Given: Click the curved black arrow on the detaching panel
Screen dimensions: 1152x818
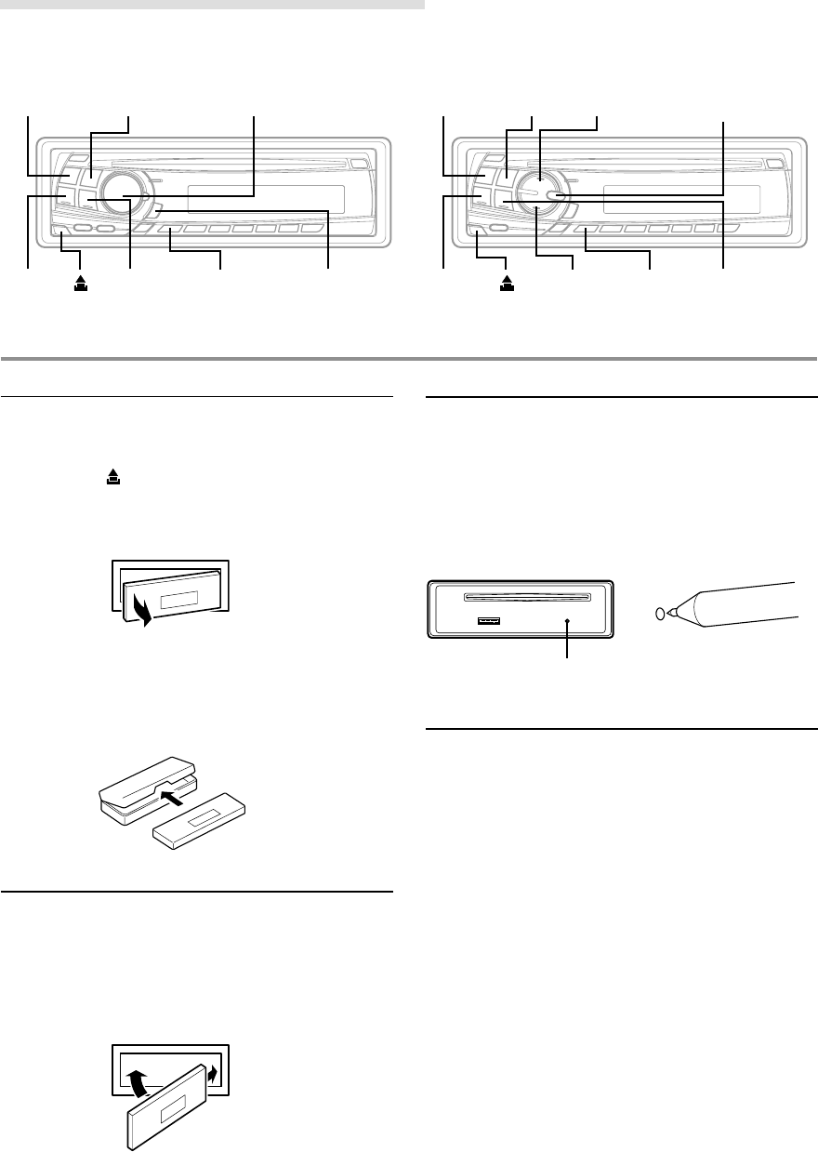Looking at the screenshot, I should click(142, 614).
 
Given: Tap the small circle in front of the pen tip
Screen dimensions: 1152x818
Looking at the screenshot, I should click(660, 613).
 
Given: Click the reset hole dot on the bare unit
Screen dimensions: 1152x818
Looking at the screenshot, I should click(567, 621).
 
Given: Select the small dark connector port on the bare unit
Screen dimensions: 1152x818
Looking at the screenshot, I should click(487, 620).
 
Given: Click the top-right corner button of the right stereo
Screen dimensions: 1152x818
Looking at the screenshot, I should click(774, 162).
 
